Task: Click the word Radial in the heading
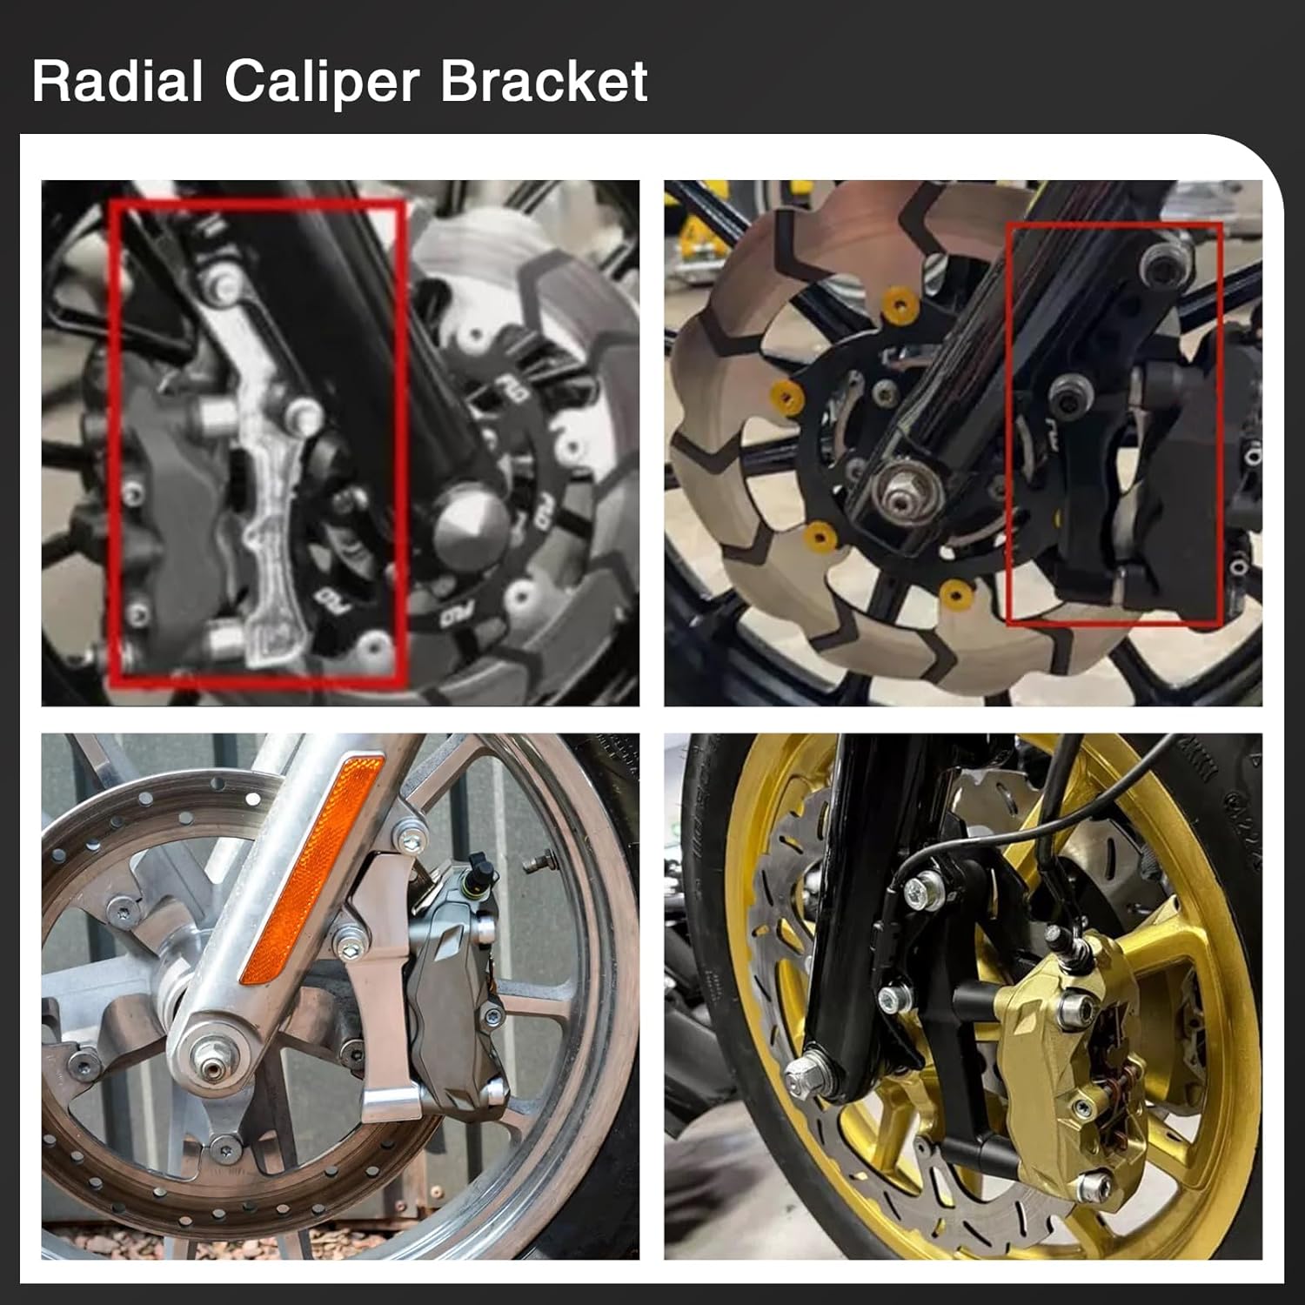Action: coord(117,82)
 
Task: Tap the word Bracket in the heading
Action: coord(544,82)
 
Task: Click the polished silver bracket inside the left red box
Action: coord(261,487)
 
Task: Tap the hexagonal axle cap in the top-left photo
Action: coord(470,527)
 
